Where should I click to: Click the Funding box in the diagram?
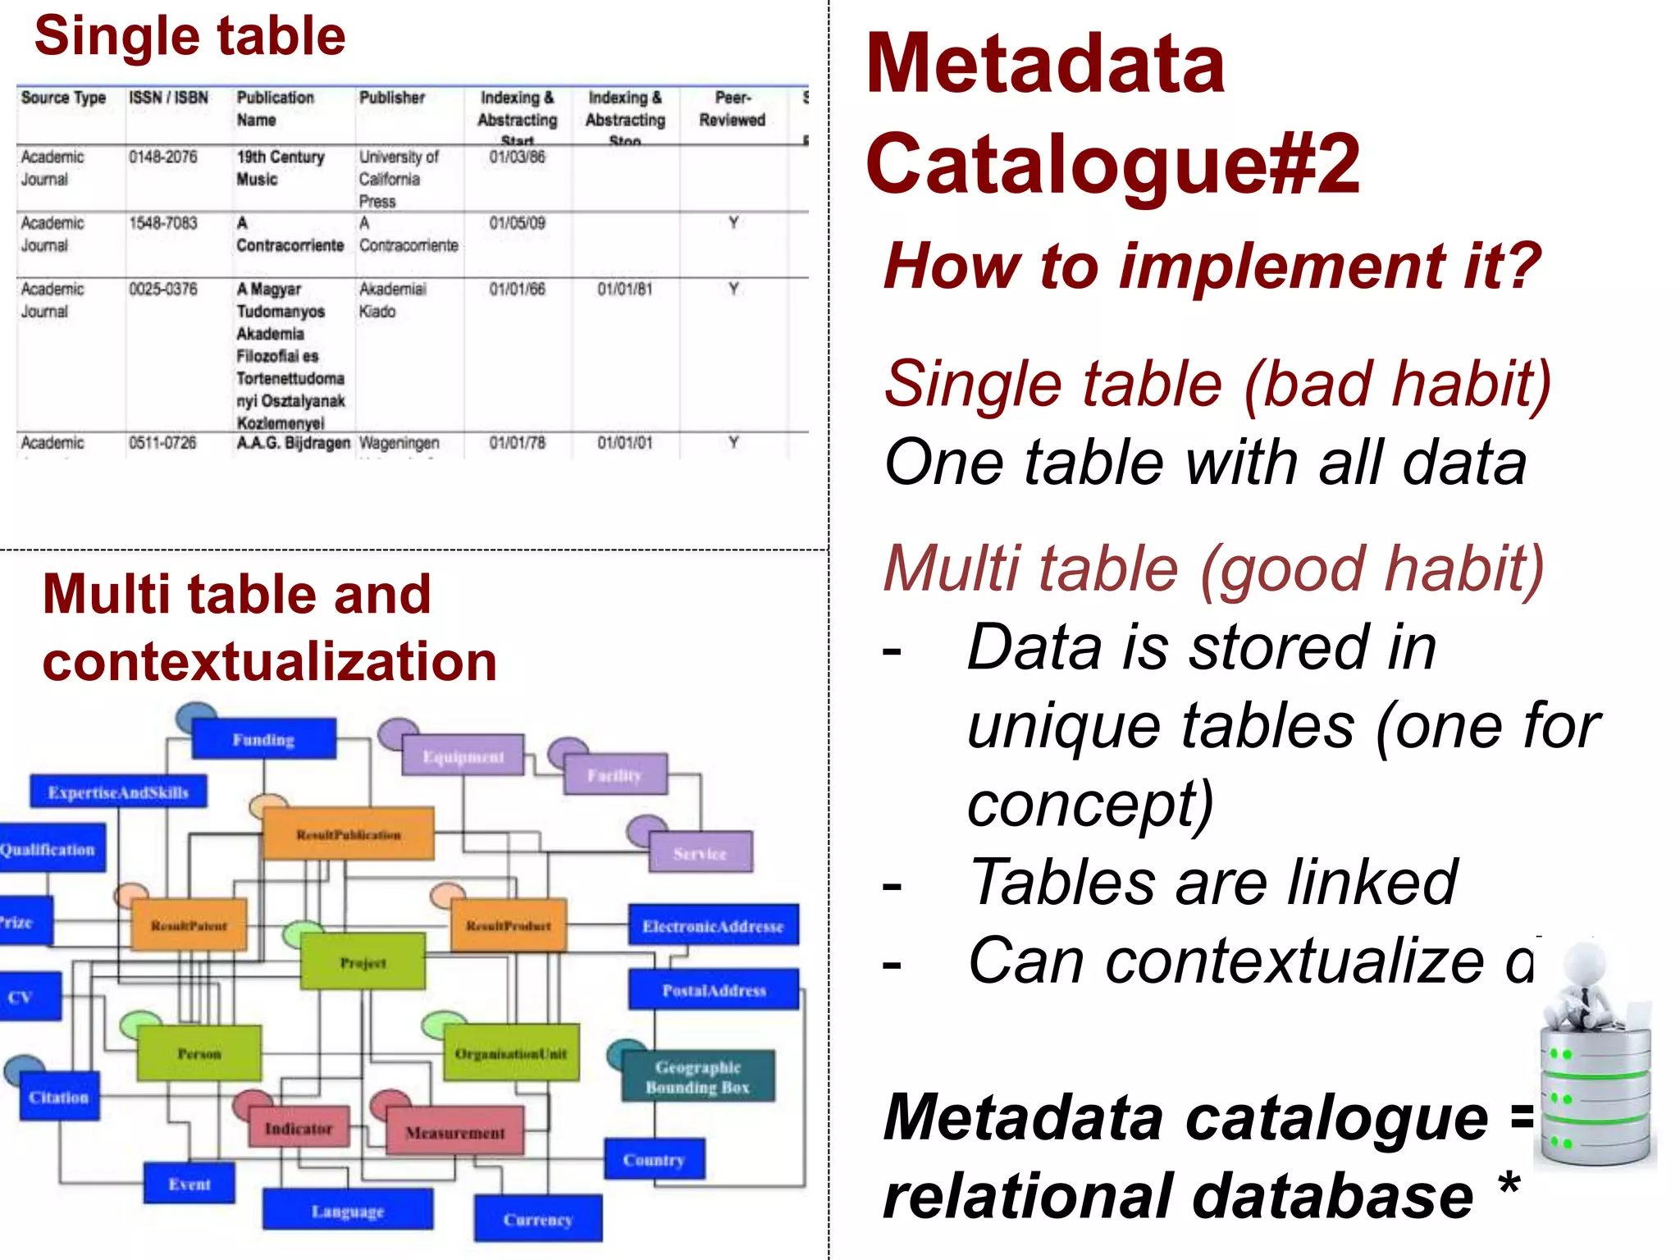(263, 739)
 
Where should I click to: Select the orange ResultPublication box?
(349, 834)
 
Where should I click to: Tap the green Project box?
(363, 961)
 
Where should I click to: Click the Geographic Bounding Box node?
(697, 1077)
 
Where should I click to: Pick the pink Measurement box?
(455, 1131)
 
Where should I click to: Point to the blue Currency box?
(538, 1219)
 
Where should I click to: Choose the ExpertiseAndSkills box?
(118, 792)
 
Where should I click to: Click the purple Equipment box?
(463, 756)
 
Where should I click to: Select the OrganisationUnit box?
(510, 1052)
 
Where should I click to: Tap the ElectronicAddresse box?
(713, 925)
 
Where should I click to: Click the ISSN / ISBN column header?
(169, 98)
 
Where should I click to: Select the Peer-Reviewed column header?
(732, 108)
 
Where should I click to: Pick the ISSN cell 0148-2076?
(163, 157)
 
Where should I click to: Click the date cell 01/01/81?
(624, 289)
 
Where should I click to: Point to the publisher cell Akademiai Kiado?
(392, 300)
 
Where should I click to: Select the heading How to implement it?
(1212, 266)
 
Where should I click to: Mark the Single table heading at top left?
(189, 37)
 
